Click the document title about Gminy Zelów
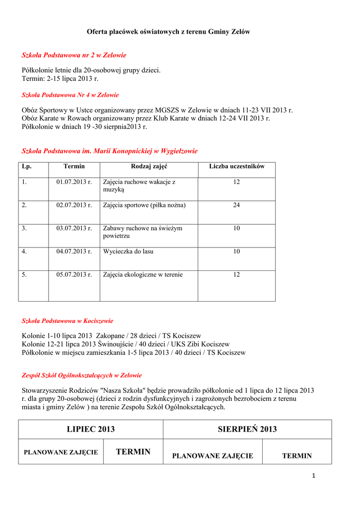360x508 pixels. click(x=168, y=32)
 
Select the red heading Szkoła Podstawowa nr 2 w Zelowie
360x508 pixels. click(x=74, y=55)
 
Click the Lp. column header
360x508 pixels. click(x=27, y=167)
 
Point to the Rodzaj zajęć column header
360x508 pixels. click(x=149, y=167)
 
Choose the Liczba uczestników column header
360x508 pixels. click(x=237, y=167)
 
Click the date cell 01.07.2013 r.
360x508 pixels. click(x=74, y=182)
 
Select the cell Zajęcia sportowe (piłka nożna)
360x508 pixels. click(x=144, y=205)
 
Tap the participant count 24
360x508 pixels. click(x=237, y=205)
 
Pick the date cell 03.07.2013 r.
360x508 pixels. click(x=74, y=228)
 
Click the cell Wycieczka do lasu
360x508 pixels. click(x=128, y=252)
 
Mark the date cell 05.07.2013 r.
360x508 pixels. click(x=74, y=275)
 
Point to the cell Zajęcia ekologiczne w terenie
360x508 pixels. click(x=143, y=275)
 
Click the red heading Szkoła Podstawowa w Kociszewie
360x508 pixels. click(x=68, y=321)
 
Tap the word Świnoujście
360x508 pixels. click(x=114, y=344)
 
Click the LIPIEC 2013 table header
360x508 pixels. click(x=91, y=429)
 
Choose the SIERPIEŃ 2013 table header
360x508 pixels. click(x=247, y=429)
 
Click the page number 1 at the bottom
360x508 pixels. click(x=314, y=476)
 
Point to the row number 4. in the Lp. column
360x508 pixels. click(x=24, y=252)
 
